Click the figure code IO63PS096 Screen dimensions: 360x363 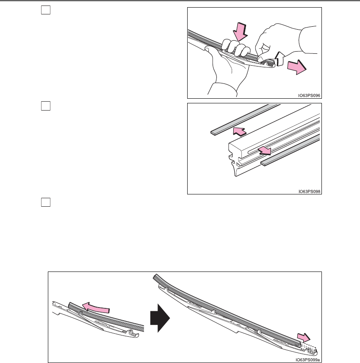309,95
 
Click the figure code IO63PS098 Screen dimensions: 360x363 309,191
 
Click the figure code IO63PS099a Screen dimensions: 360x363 307,360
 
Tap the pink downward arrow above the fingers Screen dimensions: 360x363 240,32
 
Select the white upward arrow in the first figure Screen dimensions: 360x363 280,59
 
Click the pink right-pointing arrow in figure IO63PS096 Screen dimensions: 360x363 297,67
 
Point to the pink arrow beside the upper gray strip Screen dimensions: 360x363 240,131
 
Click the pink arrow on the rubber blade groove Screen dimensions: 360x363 265,150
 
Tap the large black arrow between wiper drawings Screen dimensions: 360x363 160,318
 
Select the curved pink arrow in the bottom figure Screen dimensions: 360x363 96,308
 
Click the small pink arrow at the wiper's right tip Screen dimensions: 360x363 304,337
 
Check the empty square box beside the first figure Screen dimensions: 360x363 46,10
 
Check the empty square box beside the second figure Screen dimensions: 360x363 46,106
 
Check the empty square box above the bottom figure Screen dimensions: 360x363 46,202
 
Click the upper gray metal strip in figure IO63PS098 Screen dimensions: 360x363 245,119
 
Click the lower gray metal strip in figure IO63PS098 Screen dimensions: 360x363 290,150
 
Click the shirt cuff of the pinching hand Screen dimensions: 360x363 307,40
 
